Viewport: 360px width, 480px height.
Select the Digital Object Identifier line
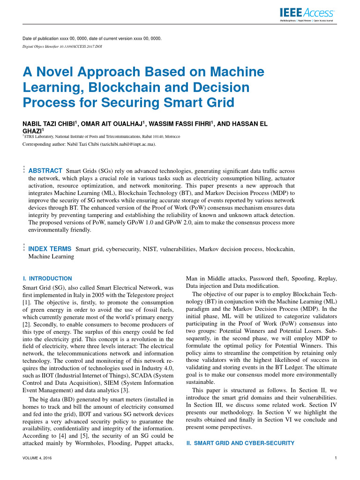coord(62,47)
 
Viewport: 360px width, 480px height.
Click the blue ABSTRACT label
coord(45,170)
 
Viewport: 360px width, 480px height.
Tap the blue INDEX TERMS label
coord(50,249)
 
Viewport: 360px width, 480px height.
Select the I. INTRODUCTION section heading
coord(47,278)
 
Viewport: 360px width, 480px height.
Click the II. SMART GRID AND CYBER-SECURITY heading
coord(240,443)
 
